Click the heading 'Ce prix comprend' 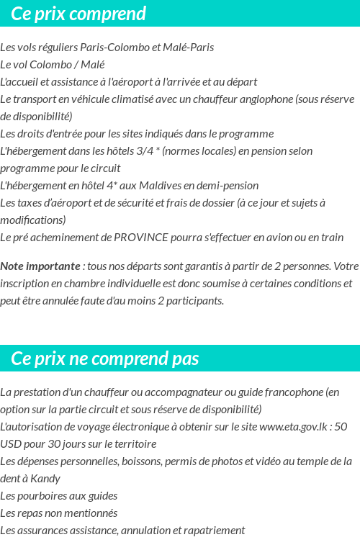coord(78,14)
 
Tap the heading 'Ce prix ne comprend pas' coord(105,359)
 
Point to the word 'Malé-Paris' coord(189,48)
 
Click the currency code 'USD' coord(12,444)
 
